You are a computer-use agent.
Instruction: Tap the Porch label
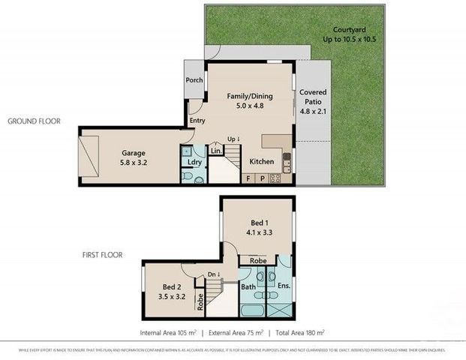click(194, 80)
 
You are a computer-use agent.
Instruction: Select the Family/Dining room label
click(250, 97)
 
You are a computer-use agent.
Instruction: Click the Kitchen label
click(261, 161)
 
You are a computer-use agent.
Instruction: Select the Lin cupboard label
click(216, 151)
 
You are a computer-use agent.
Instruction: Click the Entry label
click(197, 120)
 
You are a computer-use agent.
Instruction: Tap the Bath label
click(248, 286)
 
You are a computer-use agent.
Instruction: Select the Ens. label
click(284, 286)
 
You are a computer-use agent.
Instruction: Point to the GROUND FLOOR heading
click(34, 121)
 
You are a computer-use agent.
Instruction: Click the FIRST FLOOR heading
click(102, 255)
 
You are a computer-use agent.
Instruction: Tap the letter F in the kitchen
click(248, 178)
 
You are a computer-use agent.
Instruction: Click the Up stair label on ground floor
click(233, 139)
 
